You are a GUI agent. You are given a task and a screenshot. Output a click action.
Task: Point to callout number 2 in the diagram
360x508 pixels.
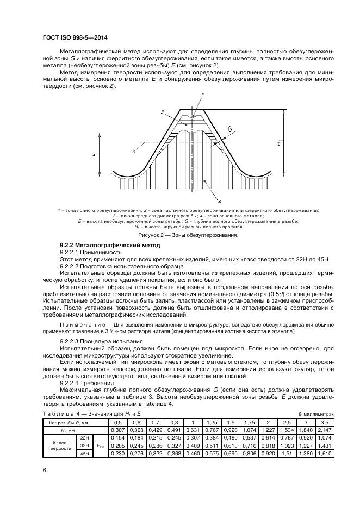pos(162,112)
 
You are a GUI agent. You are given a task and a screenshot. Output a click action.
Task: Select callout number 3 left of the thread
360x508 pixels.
pos(134,152)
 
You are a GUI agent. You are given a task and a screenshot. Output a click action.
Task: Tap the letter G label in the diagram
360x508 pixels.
pos(230,129)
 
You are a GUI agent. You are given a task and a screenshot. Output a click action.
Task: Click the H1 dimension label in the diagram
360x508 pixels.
pos(280,143)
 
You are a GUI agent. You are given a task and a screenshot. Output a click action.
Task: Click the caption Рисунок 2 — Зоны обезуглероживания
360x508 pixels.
pos(179,235)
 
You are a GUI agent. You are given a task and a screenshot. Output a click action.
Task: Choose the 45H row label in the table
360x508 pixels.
pos(84,453)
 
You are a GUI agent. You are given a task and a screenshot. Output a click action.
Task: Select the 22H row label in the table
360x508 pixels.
pos(84,437)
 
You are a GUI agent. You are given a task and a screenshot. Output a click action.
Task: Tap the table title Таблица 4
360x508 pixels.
pos(60,415)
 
